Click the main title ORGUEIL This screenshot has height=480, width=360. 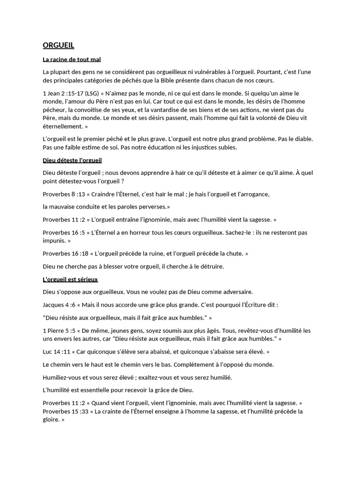tap(59, 45)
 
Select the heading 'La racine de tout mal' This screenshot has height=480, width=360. tap(72, 60)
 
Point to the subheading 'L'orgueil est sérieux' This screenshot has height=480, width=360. tap(70, 279)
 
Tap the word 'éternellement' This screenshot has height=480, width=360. tap(62, 127)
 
